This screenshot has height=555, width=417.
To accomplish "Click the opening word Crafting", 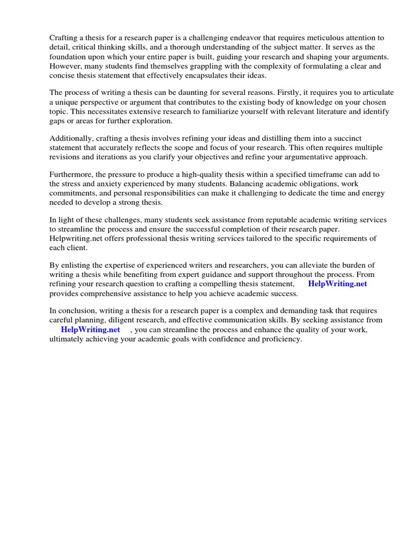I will [x=64, y=38].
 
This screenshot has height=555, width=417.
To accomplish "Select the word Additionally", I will [x=71, y=138].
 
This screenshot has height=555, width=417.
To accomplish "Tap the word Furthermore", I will [x=71, y=175].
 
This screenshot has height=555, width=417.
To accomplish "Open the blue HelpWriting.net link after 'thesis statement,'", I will [x=338, y=283].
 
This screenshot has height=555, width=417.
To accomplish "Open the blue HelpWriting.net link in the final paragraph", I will [x=90, y=329].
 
